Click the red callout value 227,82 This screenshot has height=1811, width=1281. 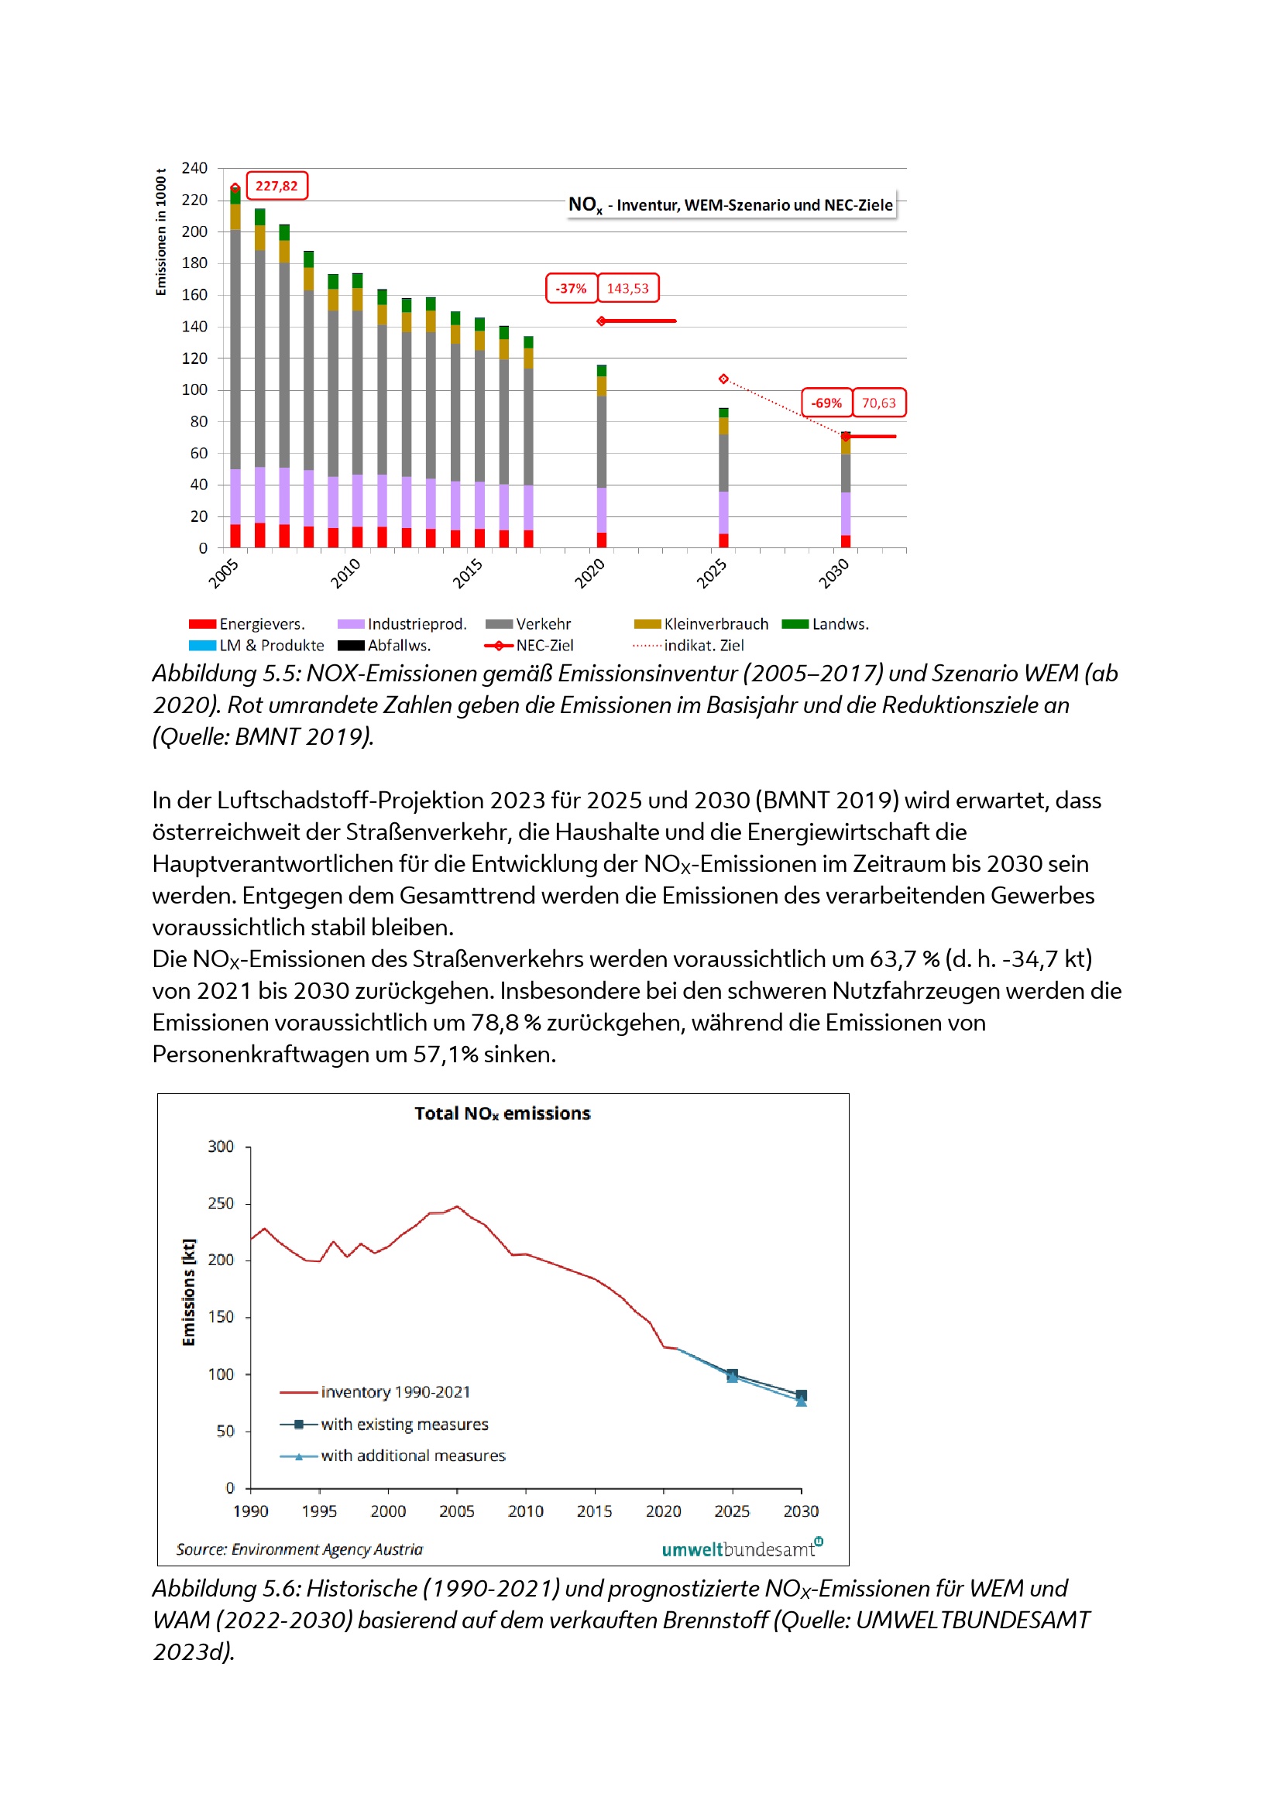(x=276, y=186)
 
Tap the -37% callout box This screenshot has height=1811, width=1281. (x=570, y=289)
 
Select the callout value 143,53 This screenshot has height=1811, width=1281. (x=627, y=289)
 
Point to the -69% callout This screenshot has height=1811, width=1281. (x=826, y=403)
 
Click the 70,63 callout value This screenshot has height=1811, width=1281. (x=878, y=403)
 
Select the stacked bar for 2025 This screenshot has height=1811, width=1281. (x=723, y=478)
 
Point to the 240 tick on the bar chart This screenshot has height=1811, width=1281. (x=195, y=168)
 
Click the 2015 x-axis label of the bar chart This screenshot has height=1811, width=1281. (x=467, y=574)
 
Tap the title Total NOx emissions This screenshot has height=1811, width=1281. (x=503, y=1113)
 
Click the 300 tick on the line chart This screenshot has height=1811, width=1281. (x=221, y=1146)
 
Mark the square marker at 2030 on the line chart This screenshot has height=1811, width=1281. (x=802, y=1395)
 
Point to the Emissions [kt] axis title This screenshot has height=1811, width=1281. (x=188, y=1292)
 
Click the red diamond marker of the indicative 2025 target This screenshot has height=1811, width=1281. (x=723, y=379)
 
